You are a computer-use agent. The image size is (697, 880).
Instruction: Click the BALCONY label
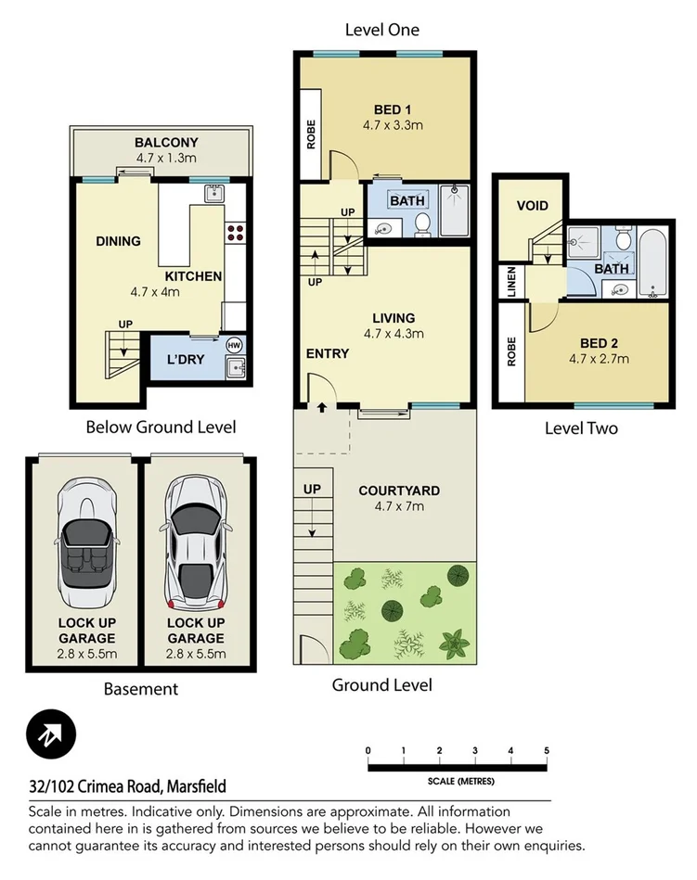[x=166, y=143]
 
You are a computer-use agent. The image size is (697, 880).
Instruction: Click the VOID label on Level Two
[x=532, y=206]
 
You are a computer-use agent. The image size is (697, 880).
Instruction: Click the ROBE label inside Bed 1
[x=311, y=135]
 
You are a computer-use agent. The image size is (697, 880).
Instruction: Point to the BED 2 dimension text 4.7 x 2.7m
[x=599, y=359]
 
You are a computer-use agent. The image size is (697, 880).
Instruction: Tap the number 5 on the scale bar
[x=547, y=750]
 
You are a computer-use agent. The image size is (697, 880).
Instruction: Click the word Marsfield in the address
[x=195, y=787]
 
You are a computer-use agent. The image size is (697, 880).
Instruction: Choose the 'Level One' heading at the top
[x=381, y=30]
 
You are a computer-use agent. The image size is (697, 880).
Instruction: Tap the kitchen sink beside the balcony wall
[x=213, y=193]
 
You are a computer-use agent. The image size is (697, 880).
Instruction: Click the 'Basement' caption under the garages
[x=140, y=689]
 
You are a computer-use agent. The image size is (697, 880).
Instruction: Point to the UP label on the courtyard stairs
[x=311, y=488]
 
